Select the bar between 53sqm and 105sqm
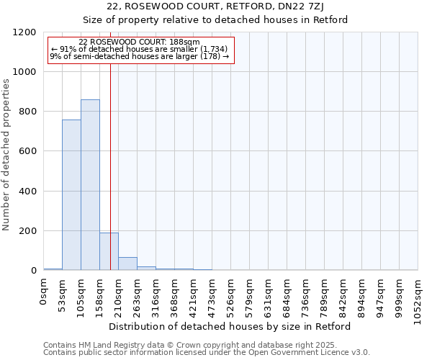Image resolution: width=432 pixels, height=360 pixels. tap(71, 195)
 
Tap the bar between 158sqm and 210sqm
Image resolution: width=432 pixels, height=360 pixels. tap(109, 251)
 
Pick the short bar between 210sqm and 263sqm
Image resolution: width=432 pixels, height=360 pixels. tap(127, 264)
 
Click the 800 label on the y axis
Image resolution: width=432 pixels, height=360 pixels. tap(28, 112)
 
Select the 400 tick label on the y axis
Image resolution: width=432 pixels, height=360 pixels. tap(28, 192)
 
